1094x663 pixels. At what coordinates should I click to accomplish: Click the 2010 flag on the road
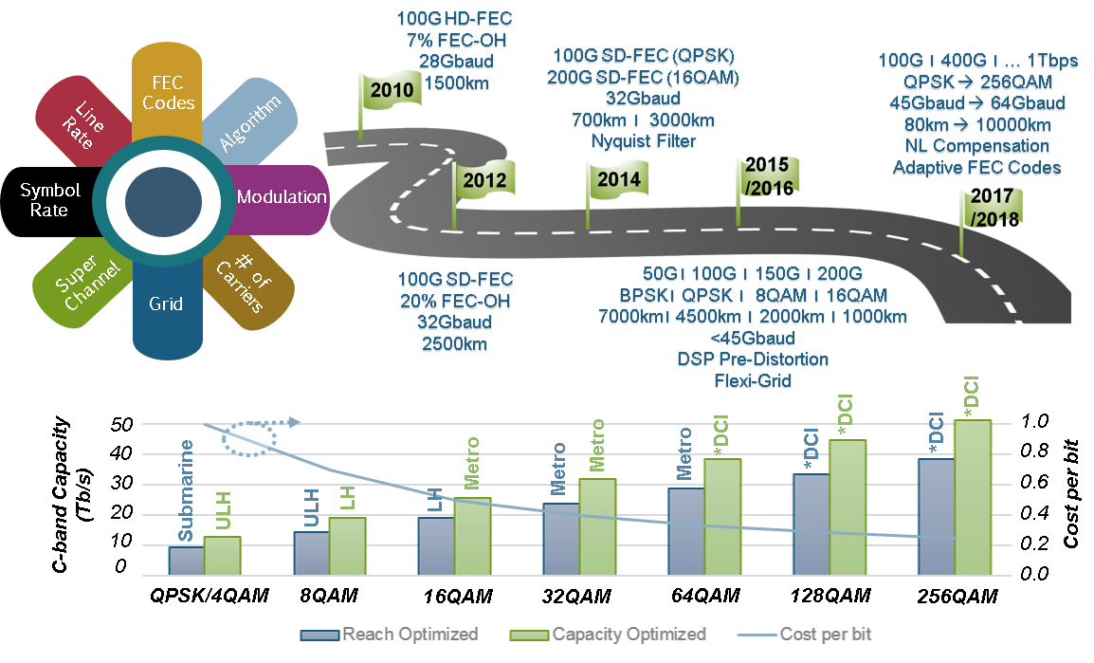coord(390,91)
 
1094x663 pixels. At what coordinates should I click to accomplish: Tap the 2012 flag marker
coord(484,178)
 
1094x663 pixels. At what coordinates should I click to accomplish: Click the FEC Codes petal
coord(168,91)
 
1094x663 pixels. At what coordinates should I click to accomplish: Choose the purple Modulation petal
coord(281,197)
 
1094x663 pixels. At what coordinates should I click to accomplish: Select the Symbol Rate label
coord(49,200)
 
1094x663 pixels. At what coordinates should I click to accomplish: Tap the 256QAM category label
coord(957,597)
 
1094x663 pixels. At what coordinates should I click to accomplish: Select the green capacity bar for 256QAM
coord(973,497)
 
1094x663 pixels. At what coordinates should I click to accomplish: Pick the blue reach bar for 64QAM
coord(685,531)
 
